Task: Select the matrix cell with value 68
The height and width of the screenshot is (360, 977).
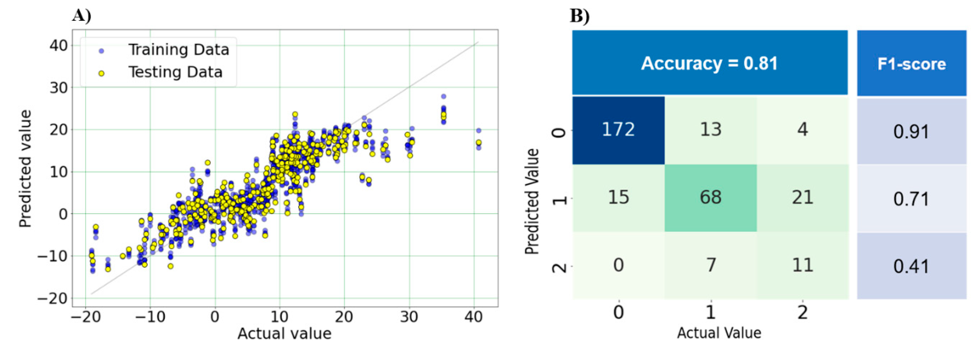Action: (x=710, y=197)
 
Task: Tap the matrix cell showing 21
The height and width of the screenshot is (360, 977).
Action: (x=802, y=197)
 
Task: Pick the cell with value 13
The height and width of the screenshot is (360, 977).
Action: (x=710, y=129)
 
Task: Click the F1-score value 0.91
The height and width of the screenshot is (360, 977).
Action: (x=911, y=132)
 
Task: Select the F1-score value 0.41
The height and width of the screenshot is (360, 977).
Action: (x=911, y=266)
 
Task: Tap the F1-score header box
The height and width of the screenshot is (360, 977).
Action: (x=911, y=64)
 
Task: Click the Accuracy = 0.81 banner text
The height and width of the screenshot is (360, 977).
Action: (x=709, y=63)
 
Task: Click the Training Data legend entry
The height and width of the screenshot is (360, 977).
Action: (x=178, y=50)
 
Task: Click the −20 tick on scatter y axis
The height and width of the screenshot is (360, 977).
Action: (x=52, y=298)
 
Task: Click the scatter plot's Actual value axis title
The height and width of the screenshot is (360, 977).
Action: (x=284, y=333)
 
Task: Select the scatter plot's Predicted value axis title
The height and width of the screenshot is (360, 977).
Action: (x=25, y=169)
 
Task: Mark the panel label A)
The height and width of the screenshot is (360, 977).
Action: (x=81, y=16)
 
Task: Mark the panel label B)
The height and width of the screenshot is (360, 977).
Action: (x=579, y=16)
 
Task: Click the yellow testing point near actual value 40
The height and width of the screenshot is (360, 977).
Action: (x=479, y=143)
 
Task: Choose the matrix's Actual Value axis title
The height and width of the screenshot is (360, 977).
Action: (x=719, y=333)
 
